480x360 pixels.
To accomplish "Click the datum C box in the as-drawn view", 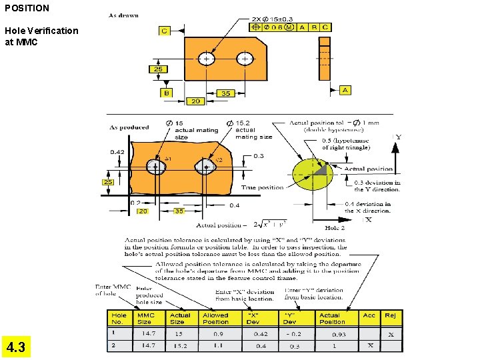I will [x=164, y=31].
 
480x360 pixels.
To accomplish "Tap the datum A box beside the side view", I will [x=345, y=90].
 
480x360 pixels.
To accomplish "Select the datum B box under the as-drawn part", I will [x=167, y=93].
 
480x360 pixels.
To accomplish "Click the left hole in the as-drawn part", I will [x=207, y=59].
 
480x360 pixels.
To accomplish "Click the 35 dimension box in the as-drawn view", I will [x=226, y=93].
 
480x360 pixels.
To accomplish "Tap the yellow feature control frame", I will [x=289, y=27].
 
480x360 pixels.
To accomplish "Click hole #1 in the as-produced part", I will [x=157, y=167].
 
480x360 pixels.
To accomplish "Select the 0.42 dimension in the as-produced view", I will [x=117, y=152].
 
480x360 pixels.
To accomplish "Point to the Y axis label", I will [x=398, y=138].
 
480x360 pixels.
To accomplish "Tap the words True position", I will [x=262, y=188].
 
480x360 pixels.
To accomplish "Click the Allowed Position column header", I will [x=215, y=319].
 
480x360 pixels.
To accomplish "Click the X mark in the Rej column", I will [x=391, y=334].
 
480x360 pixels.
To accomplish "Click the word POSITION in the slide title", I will [x=27, y=8].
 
